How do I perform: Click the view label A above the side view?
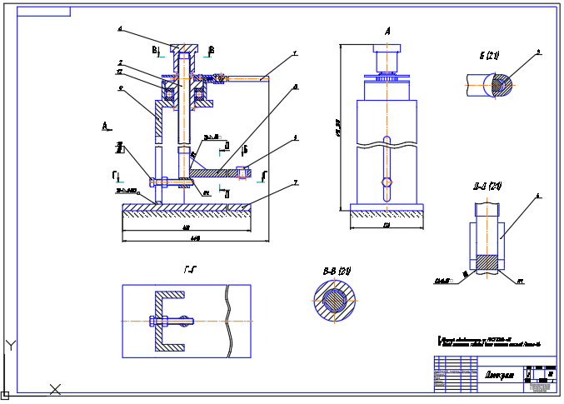[x=387, y=31]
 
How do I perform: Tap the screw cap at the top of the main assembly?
[x=183, y=47]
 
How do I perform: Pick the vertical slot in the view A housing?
[x=385, y=167]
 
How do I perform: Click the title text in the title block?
[x=499, y=374]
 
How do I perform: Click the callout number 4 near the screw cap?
[x=119, y=29]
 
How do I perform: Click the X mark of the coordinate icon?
[x=55, y=388]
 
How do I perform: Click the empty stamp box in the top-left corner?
[x=43, y=12]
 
